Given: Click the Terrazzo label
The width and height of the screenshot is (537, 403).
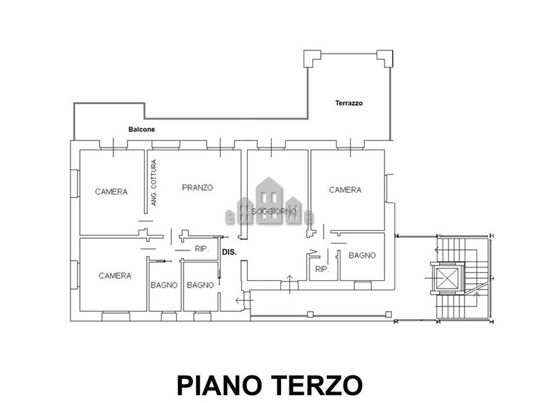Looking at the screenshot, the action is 348,103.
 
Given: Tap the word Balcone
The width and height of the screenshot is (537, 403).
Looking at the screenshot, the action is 142,129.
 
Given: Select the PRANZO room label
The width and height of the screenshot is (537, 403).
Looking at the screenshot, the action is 197,187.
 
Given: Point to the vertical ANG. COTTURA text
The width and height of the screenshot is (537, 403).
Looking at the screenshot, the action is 154,182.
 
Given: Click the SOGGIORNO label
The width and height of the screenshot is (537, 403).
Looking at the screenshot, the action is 274,212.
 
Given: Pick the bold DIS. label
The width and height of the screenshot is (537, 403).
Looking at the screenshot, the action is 229,253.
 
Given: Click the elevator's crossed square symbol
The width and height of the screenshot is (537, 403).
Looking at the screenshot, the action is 447,278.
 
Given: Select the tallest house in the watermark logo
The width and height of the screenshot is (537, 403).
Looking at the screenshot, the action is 269,200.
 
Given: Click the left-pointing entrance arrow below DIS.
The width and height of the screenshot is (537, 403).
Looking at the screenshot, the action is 244,300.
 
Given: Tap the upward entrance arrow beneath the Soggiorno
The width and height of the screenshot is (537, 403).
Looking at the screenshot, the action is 290,284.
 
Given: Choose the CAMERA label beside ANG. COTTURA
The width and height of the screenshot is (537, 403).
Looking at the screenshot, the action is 111,191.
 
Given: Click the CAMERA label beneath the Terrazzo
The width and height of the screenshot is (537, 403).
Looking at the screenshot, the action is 345,189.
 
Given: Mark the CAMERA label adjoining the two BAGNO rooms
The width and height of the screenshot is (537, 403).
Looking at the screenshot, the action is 115,275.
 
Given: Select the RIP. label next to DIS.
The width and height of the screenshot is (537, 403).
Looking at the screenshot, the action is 202,249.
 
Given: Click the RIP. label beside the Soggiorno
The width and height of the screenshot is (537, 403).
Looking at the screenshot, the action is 322,269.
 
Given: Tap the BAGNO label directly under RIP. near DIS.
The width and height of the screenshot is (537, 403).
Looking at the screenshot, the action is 200,285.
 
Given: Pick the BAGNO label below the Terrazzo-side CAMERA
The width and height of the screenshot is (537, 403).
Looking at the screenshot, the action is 362,255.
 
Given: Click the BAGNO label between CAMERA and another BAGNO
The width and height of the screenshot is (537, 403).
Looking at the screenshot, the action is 164,285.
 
